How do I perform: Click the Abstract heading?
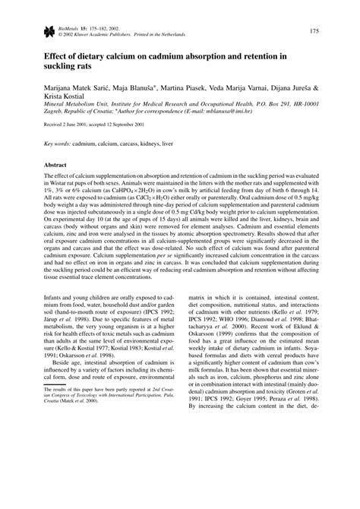click(x=58, y=186)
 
